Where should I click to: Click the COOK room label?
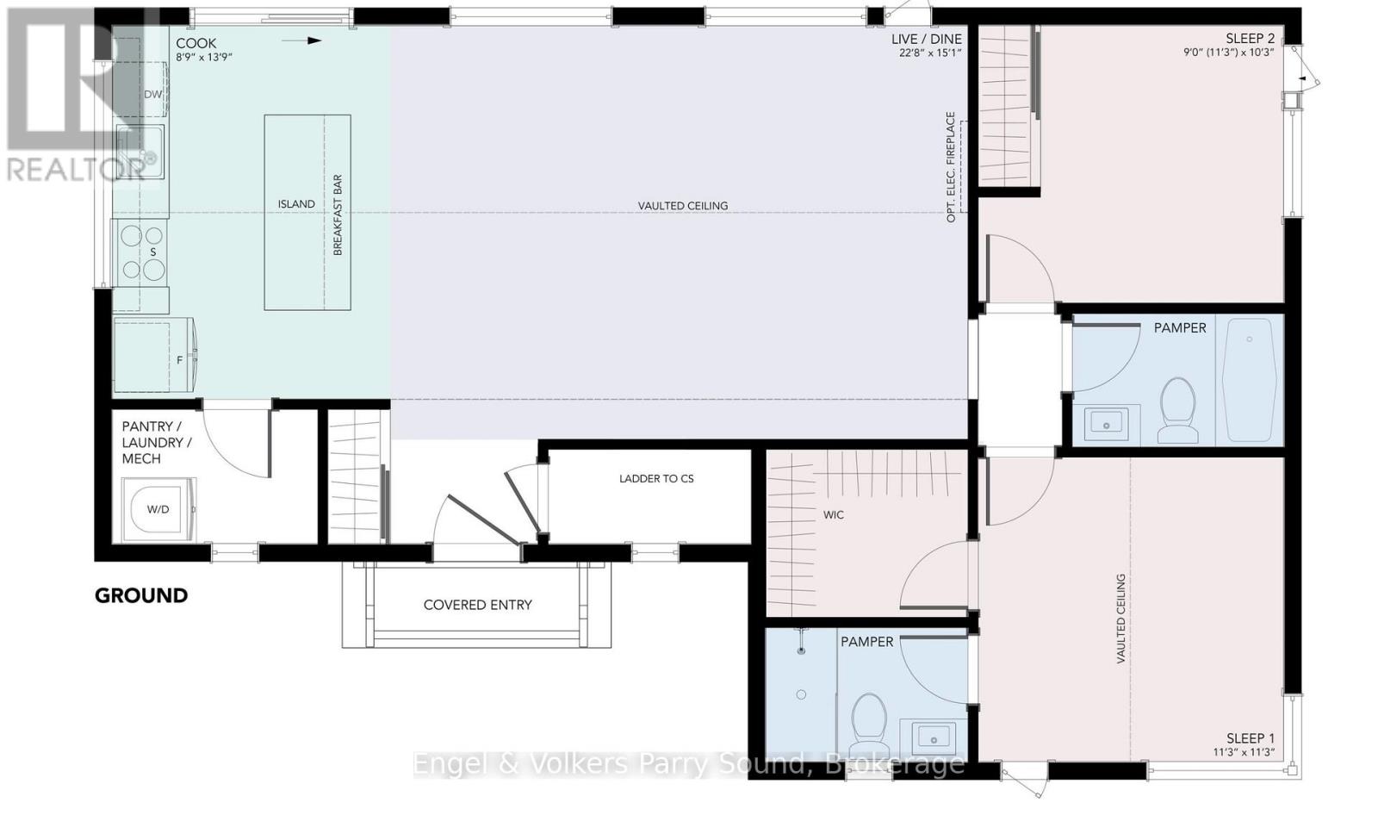(x=196, y=43)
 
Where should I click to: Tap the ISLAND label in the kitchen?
(x=296, y=203)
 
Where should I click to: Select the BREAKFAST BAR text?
(x=338, y=215)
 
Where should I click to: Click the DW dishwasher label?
(x=152, y=94)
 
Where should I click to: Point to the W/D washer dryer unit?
(x=158, y=510)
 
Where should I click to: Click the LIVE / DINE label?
(x=927, y=40)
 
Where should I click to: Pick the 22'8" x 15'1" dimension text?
(x=930, y=53)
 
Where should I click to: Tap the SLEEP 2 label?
(x=1250, y=38)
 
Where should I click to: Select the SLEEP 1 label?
(x=1251, y=738)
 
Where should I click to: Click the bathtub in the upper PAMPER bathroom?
(x=1249, y=380)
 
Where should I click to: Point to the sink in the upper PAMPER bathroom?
(x=1106, y=423)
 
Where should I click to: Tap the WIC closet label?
(x=834, y=514)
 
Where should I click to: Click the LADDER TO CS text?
(x=656, y=478)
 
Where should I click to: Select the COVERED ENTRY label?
(x=477, y=605)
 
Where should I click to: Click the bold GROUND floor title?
(x=141, y=595)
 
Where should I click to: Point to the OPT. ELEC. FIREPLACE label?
(x=951, y=167)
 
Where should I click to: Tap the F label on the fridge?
(x=180, y=360)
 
